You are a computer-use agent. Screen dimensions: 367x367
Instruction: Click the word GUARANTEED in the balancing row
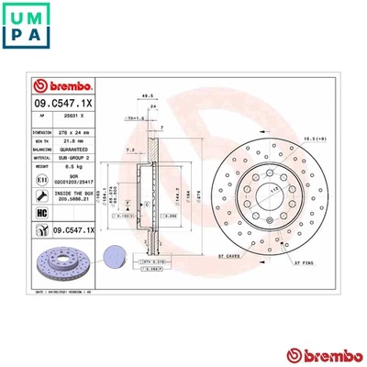[x=77, y=149]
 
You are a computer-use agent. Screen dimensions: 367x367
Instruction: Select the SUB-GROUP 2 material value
[x=77, y=157]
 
